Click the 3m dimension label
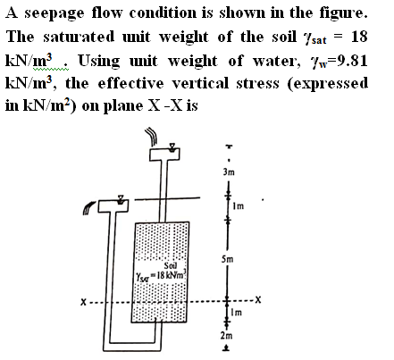[x=229, y=172]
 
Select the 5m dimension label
[x=227, y=259]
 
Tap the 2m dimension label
[x=226, y=336]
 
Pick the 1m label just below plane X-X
[x=237, y=313]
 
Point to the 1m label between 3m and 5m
[x=239, y=205]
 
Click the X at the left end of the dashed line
[x=84, y=303]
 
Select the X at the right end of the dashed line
[x=258, y=299]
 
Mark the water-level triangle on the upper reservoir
[x=172, y=147]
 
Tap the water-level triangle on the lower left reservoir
[x=121, y=199]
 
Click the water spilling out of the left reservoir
[x=88, y=207]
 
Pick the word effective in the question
[x=130, y=83]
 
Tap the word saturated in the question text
[x=79, y=37]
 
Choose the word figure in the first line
[x=343, y=13]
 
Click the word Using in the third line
[x=99, y=61]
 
